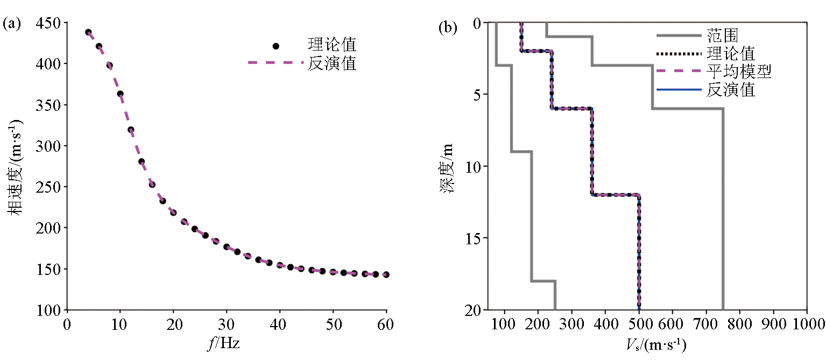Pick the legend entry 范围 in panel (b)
click(722, 36)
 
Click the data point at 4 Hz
click(88, 32)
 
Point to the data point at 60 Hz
click(386, 274)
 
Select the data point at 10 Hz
click(120, 94)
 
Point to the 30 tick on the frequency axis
click(227, 326)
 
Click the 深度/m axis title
click(450, 166)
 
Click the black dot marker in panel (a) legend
click(276, 46)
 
